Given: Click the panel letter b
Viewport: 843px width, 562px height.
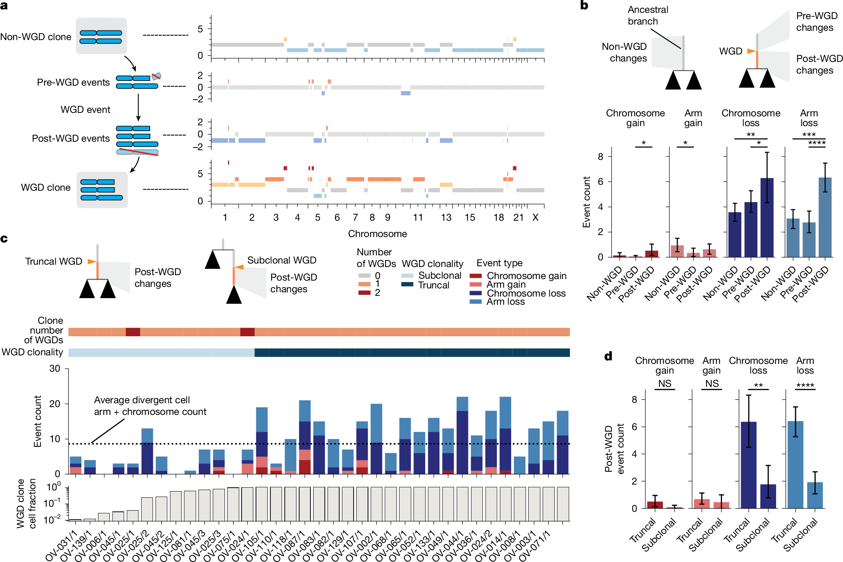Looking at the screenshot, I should [x=584, y=5].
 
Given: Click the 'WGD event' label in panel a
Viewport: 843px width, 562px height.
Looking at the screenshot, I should [x=85, y=110].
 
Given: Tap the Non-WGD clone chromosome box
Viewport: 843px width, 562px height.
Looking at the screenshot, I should [x=101, y=36].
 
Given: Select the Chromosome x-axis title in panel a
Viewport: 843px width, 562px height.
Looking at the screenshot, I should [x=377, y=234].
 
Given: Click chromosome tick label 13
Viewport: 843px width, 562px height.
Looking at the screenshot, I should [x=446, y=218].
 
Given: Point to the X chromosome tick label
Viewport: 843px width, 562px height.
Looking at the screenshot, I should [x=535, y=218].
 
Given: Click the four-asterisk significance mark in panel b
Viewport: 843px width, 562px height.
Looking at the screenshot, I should [x=817, y=143].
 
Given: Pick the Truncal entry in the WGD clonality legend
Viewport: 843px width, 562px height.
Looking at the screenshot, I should [x=433, y=285].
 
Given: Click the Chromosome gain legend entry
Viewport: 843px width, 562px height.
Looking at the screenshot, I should [x=526, y=276].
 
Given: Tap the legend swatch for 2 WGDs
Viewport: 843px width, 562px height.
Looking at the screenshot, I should [x=365, y=293].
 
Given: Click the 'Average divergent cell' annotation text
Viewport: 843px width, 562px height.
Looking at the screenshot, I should [x=142, y=400].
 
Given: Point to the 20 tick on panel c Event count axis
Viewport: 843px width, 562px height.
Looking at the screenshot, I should [x=55, y=404].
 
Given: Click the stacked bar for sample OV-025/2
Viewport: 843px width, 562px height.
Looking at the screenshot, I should [x=147, y=451].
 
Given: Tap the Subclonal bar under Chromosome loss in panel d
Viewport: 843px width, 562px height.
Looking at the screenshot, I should [x=768, y=496].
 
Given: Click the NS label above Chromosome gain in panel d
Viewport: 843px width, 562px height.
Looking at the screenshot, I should [x=665, y=383].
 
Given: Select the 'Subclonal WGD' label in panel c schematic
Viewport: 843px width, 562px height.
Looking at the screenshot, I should [x=282, y=260].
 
